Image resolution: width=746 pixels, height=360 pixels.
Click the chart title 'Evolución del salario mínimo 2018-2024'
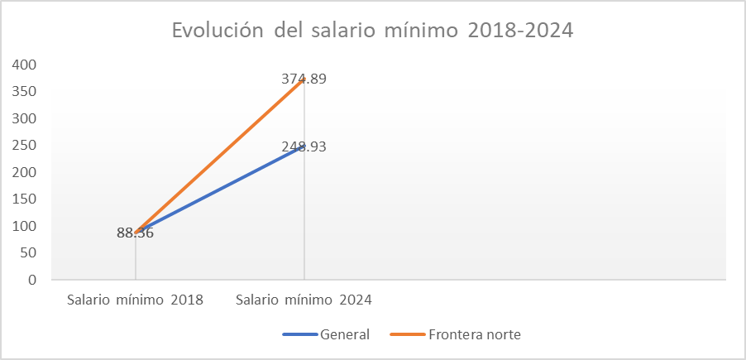point(372,30)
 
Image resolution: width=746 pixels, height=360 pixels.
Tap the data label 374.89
point(304,79)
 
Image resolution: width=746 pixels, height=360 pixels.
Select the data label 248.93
point(304,146)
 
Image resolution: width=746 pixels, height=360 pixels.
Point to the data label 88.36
point(136,233)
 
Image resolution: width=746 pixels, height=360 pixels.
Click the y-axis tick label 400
point(26,65)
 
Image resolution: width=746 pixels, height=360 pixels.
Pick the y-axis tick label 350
point(26,92)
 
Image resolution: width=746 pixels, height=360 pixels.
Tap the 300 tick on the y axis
point(26,118)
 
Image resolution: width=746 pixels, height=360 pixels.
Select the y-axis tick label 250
point(26,146)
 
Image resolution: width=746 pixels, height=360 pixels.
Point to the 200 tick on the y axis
point(26,172)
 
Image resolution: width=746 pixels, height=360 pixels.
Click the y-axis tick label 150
point(26,199)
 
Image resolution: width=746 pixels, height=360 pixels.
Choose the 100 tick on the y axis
point(26,226)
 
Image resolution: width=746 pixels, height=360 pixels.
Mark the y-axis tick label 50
point(30,253)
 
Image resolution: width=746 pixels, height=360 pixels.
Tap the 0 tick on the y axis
point(33,280)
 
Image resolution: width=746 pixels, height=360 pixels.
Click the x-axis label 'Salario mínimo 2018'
point(136,300)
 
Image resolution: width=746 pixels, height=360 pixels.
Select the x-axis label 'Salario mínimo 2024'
point(304,300)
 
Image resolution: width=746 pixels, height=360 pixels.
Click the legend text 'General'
point(345,334)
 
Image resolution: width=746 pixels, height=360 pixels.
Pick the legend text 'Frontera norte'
point(475,334)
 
